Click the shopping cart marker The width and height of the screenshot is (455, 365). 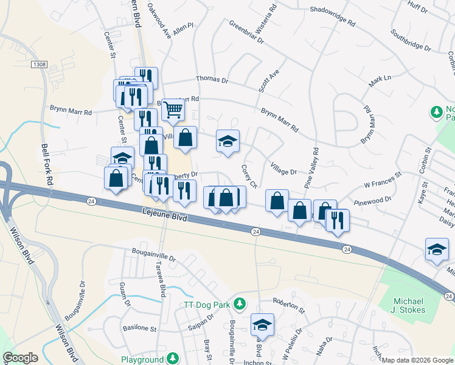[x=173, y=110]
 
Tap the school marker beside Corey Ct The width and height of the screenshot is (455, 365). [x=228, y=141]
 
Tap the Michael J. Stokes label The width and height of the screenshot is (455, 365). [x=409, y=305]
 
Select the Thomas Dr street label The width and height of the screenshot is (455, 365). [x=212, y=80]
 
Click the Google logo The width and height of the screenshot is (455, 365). [x=20, y=358]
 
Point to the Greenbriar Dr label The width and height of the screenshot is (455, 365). [x=246, y=32]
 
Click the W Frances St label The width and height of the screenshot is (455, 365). [x=383, y=179]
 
